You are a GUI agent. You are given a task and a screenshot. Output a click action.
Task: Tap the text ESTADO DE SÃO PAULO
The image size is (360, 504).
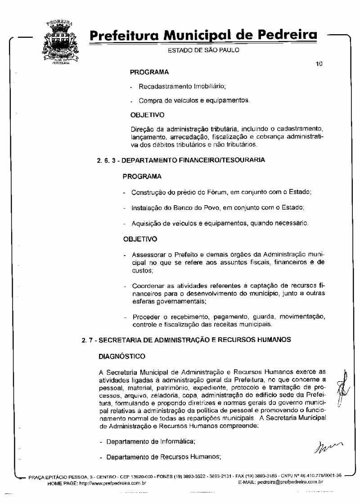201,50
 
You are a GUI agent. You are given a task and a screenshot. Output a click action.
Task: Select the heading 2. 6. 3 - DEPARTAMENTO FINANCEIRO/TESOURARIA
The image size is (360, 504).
180,160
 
